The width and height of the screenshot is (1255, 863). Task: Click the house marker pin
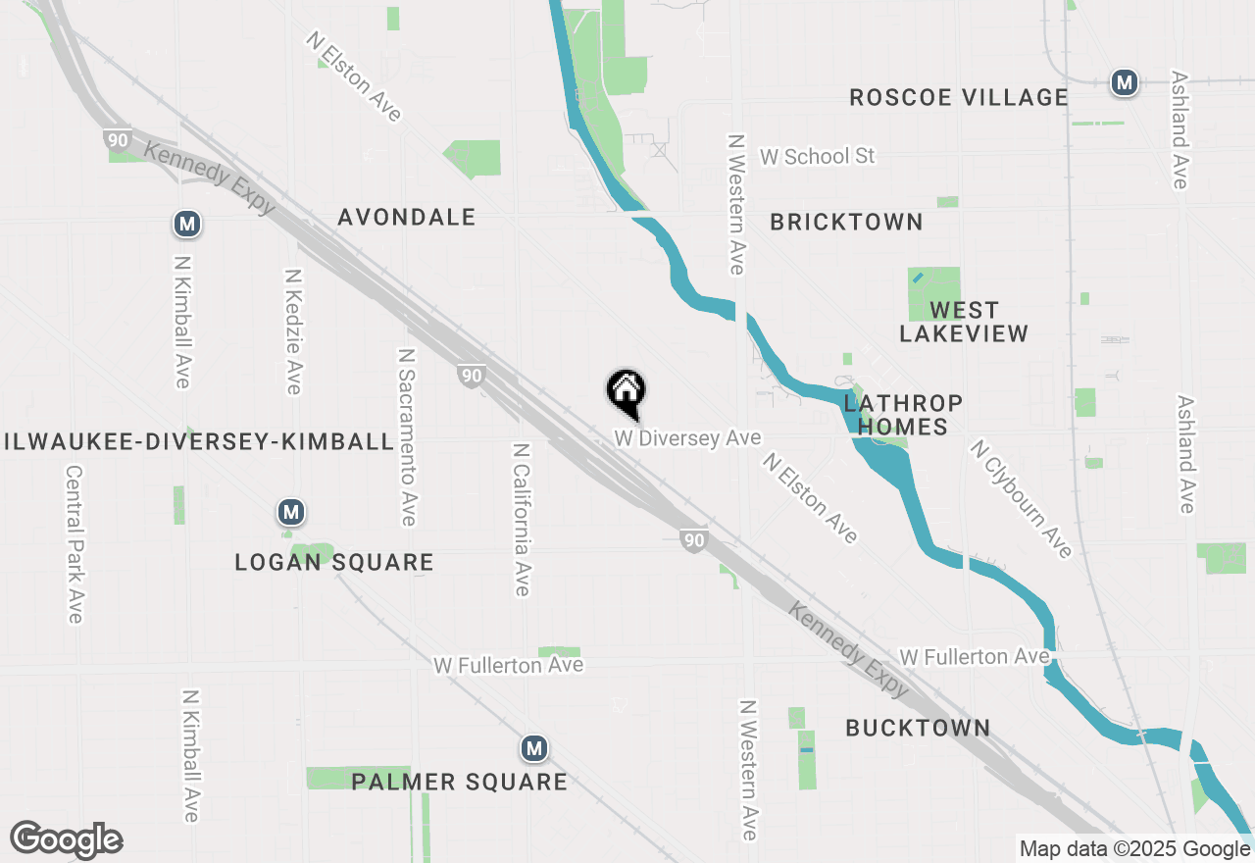tap(626, 393)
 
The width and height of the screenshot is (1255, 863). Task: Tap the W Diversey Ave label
tap(687, 438)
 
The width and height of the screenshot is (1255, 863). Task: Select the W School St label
tap(817, 157)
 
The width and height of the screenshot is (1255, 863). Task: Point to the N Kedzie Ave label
tap(292, 331)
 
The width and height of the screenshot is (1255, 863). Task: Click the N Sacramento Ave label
tap(407, 435)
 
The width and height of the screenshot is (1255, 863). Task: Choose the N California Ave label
tap(521, 519)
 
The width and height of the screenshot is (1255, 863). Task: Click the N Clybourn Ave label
tap(1021, 498)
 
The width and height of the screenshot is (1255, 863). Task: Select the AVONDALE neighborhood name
tap(406, 217)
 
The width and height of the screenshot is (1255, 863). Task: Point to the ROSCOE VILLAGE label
tap(958, 97)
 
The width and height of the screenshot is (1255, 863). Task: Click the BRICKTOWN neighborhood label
tap(846, 223)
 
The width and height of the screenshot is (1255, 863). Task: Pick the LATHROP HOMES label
tap(903, 415)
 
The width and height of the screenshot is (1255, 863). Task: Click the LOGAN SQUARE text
tap(334, 562)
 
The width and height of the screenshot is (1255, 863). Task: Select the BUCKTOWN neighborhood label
tap(918, 728)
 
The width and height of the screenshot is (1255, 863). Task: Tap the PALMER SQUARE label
tap(459, 782)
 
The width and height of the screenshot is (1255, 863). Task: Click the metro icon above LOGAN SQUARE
tap(290, 512)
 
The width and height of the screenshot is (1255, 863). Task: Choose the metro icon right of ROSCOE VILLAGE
tap(1124, 82)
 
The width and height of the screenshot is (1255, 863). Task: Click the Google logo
tap(66, 840)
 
